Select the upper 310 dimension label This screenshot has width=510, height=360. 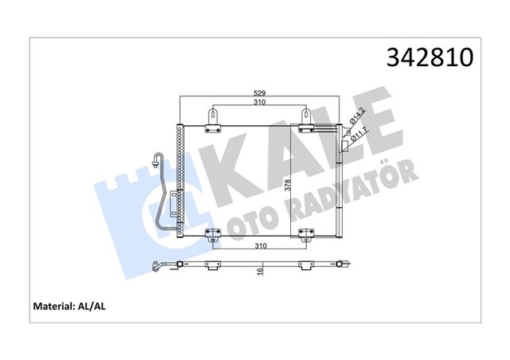[x=258, y=103]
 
